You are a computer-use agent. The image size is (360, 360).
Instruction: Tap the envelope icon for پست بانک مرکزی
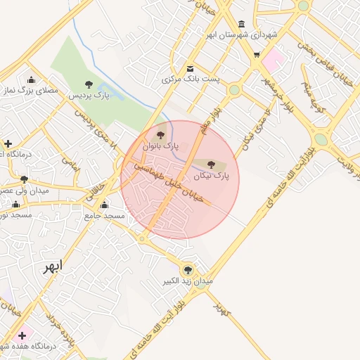click(x=191, y=68)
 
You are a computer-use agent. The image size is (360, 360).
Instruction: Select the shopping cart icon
click(x=257, y=54)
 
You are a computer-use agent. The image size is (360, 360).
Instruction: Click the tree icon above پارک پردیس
click(x=89, y=84)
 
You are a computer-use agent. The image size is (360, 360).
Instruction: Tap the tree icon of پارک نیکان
click(x=212, y=164)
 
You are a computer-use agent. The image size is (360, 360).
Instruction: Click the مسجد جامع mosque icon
click(x=104, y=205)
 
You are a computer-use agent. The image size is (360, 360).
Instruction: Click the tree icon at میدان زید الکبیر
click(x=187, y=269)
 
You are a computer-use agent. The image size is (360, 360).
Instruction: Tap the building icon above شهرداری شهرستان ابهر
click(x=243, y=23)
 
